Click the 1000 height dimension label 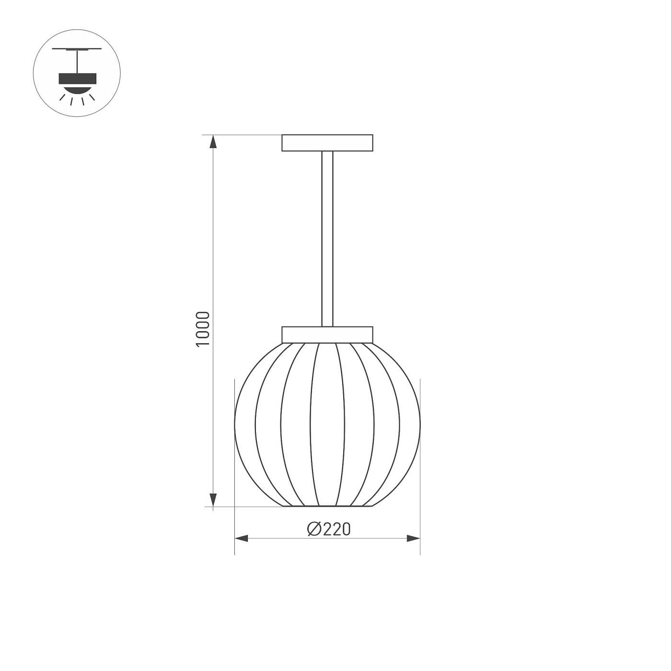203,329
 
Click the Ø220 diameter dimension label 329,529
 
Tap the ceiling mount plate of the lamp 327,143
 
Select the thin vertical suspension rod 327,239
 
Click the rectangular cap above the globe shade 327,335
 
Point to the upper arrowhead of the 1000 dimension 213,142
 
